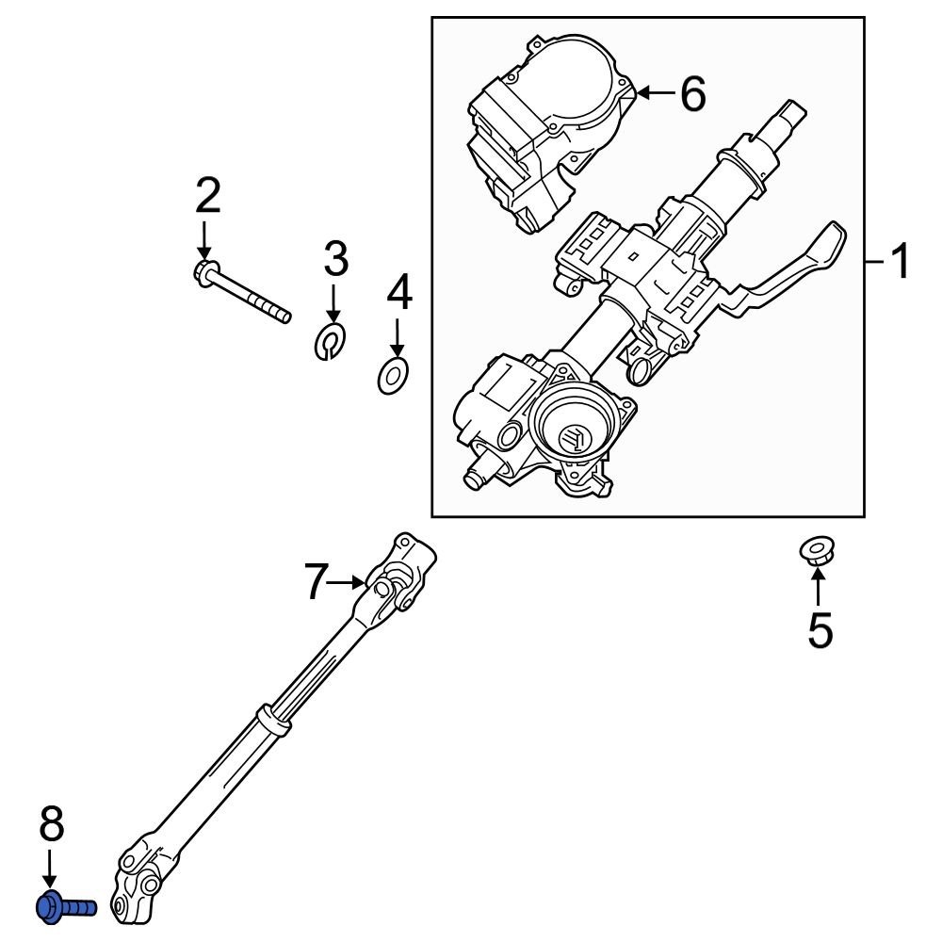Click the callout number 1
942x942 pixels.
[901, 261]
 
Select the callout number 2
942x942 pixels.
[208, 196]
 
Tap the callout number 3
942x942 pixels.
[336, 258]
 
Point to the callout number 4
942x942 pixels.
[399, 293]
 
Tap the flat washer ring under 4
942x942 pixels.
[392, 377]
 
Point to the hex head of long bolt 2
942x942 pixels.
[204, 272]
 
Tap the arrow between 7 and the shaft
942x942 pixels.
[353, 581]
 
